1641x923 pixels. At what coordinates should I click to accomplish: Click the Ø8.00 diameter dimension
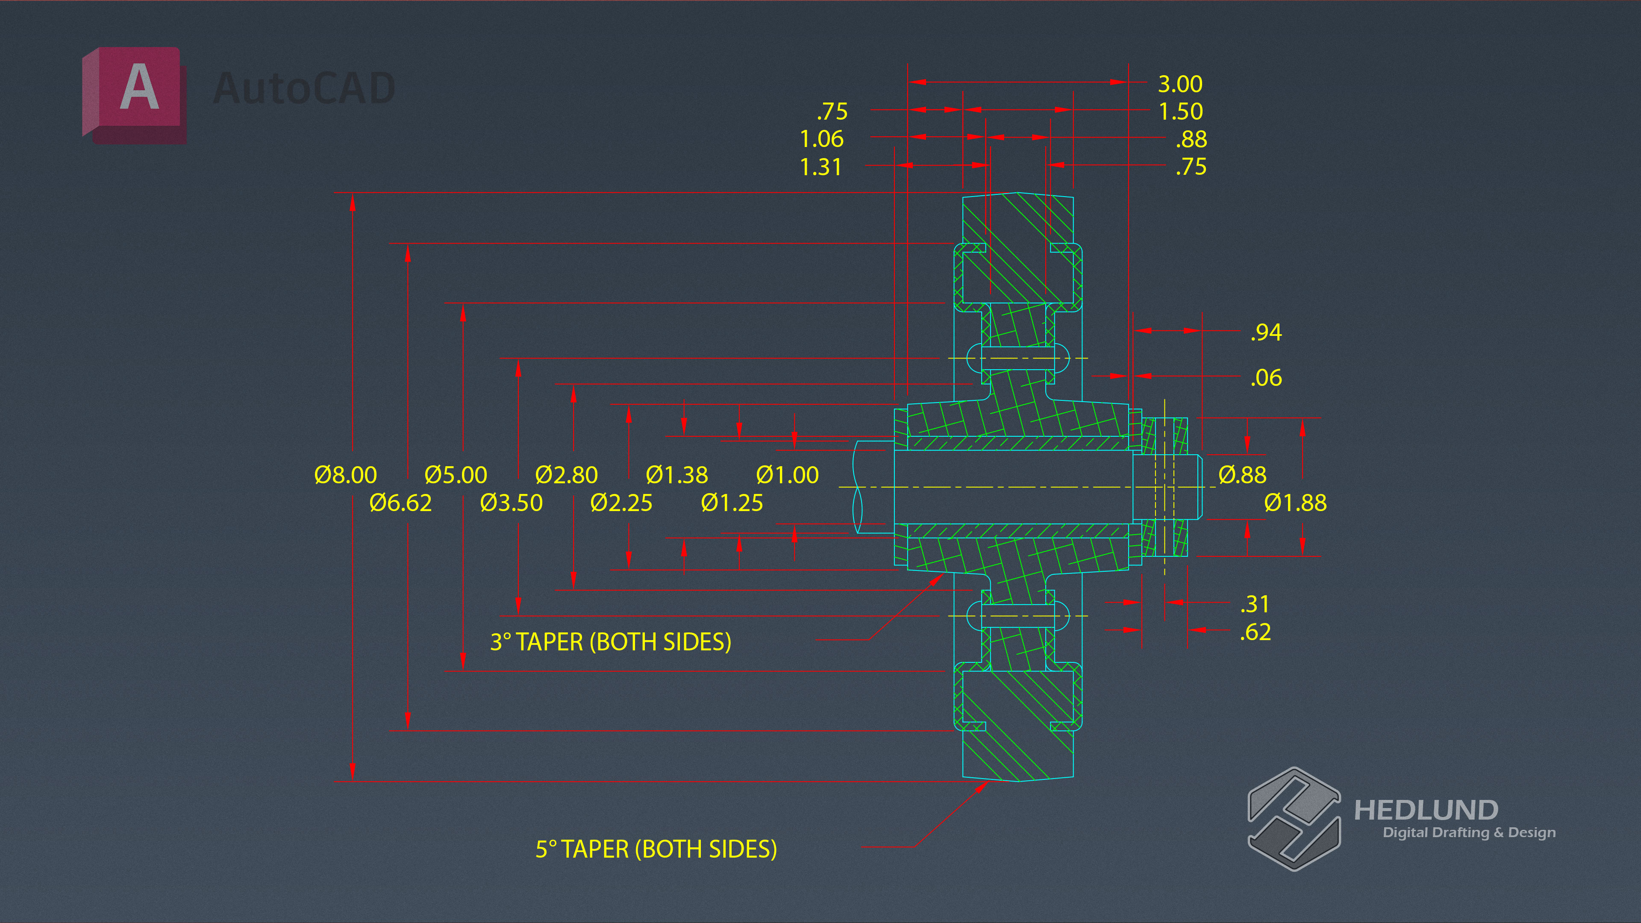coord(346,475)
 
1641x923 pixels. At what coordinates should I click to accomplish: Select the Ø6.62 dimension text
coord(401,503)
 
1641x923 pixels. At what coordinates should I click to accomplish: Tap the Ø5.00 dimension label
coord(456,475)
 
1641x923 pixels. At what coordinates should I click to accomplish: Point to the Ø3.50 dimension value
coord(512,503)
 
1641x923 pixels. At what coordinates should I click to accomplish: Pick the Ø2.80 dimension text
coord(566,475)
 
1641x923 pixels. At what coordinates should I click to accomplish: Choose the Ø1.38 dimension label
coord(676,475)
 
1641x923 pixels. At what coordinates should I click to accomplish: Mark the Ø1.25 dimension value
coord(732,503)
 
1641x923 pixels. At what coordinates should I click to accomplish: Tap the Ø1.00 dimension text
coord(787,475)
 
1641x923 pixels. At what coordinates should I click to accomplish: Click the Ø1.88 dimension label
coord(1296,503)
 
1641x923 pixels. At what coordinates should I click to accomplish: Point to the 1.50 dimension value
coord(1180,112)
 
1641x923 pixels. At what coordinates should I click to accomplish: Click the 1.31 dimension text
coord(821,167)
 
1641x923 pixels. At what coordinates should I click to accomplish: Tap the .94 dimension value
coord(1266,332)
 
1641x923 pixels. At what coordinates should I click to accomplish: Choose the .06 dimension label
coord(1266,378)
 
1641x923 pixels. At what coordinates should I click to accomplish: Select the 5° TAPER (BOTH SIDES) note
coord(656,849)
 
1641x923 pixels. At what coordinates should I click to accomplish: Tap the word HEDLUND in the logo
coord(1426,810)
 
